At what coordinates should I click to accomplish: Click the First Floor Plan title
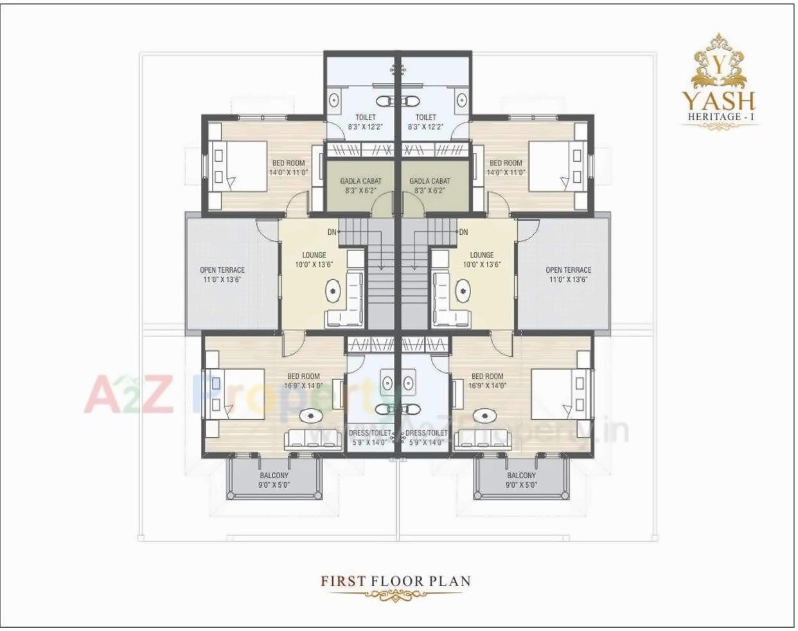396,582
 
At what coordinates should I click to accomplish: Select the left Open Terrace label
222,275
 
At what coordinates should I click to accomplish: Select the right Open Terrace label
568,275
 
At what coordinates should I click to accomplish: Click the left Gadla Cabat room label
360,186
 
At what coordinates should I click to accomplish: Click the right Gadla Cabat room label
430,186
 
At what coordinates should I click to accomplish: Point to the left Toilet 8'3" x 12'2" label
365,122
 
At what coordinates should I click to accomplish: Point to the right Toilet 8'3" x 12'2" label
425,122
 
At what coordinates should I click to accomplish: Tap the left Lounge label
314,259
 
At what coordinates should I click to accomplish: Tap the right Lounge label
481,259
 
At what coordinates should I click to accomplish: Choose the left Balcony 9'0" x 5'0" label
274,480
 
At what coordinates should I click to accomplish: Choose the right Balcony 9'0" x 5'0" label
521,480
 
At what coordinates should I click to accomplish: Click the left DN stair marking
332,232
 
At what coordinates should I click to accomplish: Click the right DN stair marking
463,232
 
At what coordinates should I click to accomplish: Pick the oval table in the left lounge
332,291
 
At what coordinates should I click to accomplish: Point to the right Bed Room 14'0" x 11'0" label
506,168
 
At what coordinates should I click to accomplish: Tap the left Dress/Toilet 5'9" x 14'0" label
369,438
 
